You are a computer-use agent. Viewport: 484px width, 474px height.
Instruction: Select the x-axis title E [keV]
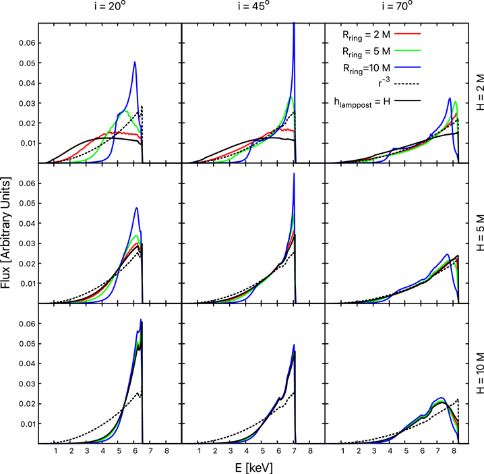tap(253, 466)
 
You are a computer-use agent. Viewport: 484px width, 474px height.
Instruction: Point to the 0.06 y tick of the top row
tap(25, 42)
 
